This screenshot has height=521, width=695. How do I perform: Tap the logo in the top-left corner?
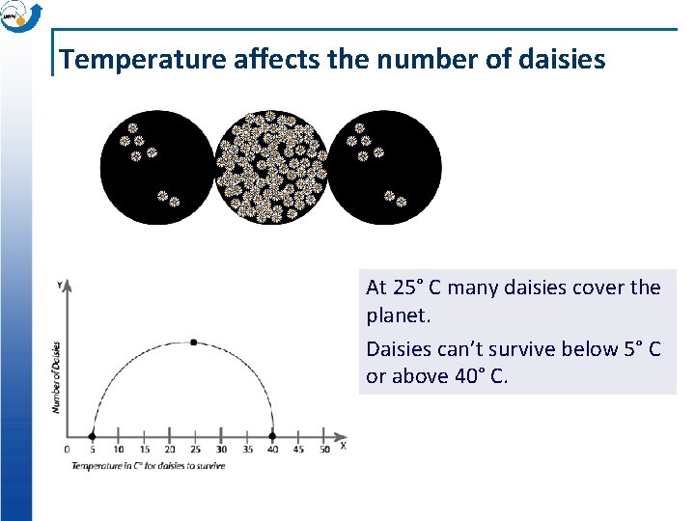pyautogui.click(x=20, y=16)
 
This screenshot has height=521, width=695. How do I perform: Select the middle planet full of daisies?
pyautogui.click(x=270, y=167)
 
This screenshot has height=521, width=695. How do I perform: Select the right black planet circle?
pyautogui.click(x=385, y=168)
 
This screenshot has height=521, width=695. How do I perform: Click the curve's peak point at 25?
pyautogui.click(x=194, y=343)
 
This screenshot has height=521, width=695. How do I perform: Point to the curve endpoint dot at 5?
pyautogui.click(x=92, y=435)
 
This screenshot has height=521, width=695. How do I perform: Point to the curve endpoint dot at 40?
pyautogui.click(x=272, y=435)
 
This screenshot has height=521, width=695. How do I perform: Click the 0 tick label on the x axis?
pyautogui.click(x=67, y=450)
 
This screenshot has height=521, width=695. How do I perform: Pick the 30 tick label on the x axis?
pyautogui.click(x=221, y=450)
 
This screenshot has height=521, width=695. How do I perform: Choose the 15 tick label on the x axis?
pyautogui.click(x=144, y=450)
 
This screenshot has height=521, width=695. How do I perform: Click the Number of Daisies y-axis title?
pyautogui.click(x=56, y=377)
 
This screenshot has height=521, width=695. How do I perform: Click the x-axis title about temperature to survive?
pyautogui.click(x=148, y=466)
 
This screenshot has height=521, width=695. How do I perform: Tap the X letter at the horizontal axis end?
pyautogui.click(x=343, y=445)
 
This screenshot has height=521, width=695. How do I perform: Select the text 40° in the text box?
pyautogui.click(x=469, y=376)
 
